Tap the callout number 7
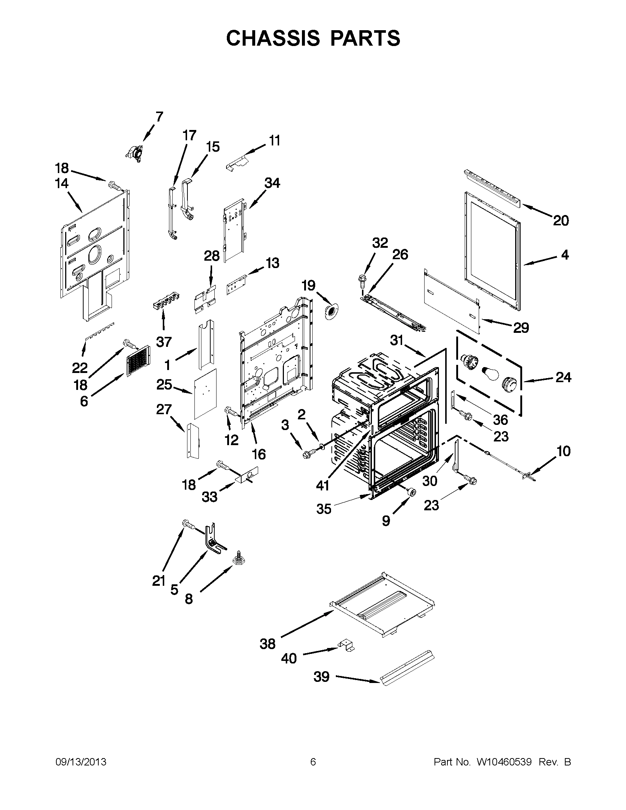click(159, 116)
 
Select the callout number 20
click(561, 221)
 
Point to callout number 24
click(563, 378)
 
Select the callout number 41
click(323, 486)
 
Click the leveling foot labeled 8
click(236, 568)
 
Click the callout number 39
click(321, 677)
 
